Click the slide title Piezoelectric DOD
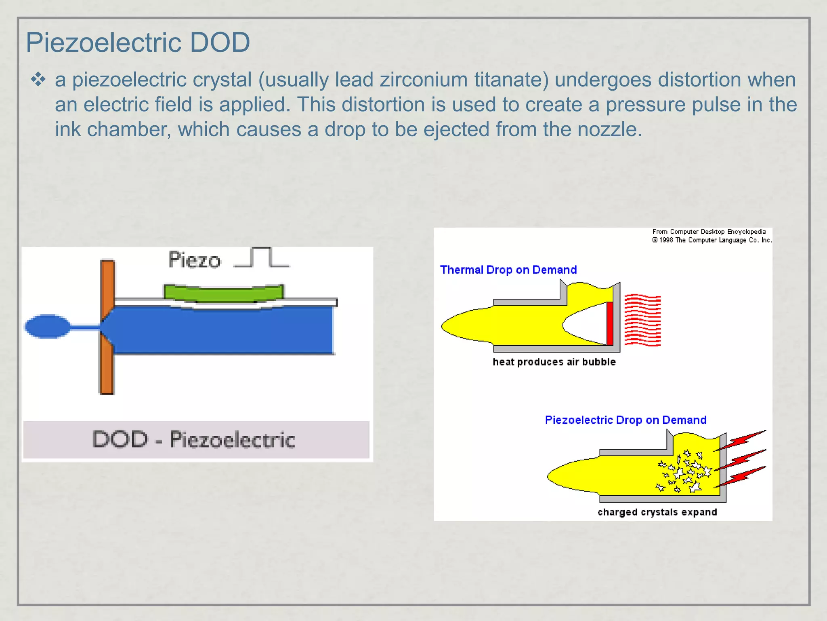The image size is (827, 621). tap(138, 42)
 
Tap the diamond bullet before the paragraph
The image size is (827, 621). tap(38, 79)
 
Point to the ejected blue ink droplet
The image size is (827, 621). tap(48, 326)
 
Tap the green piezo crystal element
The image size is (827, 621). tap(223, 293)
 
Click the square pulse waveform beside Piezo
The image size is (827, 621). tap(261, 258)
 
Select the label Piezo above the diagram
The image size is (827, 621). tap(194, 260)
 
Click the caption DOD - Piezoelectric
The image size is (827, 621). tap(194, 439)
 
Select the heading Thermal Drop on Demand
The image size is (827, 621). tap(508, 270)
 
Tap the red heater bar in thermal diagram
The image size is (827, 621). tap(610, 323)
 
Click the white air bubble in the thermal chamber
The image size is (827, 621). tap(586, 324)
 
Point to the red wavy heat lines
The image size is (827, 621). tap(642, 321)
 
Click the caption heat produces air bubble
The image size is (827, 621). tap(554, 362)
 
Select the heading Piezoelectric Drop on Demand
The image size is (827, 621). tap(625, 420)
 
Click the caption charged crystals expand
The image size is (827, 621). tap(657, 512)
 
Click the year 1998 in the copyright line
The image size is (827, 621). tap(666, 240)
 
